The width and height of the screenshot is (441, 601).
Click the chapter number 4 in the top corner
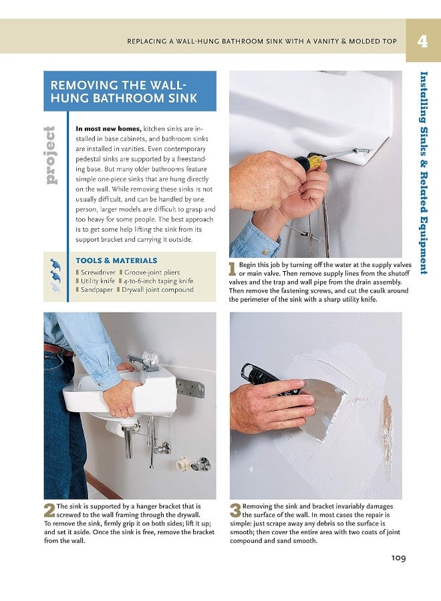[x=422, y=41]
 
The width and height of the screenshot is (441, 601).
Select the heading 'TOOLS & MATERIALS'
[x=117, y=260]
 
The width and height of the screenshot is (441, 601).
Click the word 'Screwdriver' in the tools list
[x=98, y=272]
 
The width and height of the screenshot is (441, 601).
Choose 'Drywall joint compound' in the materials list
[x=158, y=290]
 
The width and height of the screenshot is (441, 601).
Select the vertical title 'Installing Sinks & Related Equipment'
[x=424, y=172]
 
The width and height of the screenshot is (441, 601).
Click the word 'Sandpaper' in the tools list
[x=98, y=290]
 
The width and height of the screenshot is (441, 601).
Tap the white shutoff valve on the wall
[x=182, y=462]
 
